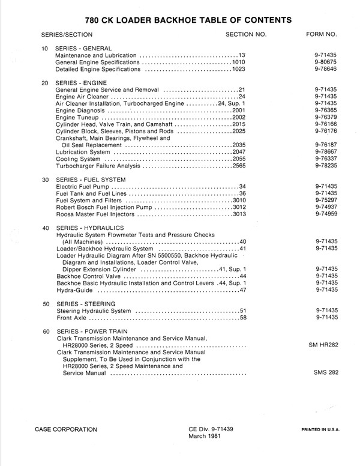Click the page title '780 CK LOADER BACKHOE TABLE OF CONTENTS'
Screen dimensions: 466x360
[181, 20]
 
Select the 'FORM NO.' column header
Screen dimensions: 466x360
[325, 35]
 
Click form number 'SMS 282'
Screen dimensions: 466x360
[326, 373]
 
